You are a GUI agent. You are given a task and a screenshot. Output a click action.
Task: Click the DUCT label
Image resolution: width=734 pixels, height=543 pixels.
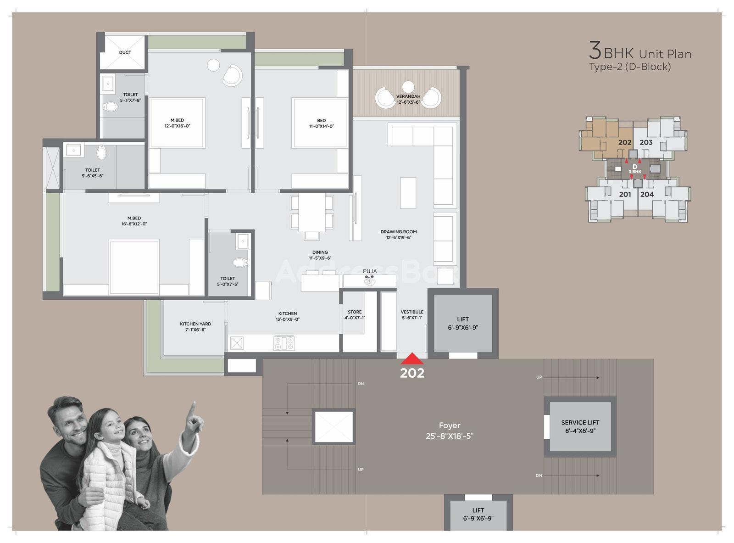point(125,52)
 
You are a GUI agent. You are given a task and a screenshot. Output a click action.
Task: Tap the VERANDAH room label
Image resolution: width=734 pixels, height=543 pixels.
point(408,96)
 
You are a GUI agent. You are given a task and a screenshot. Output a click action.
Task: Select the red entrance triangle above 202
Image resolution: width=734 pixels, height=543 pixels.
point(412,358)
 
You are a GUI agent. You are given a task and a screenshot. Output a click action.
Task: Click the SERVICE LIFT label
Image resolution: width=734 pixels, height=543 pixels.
point(580,422)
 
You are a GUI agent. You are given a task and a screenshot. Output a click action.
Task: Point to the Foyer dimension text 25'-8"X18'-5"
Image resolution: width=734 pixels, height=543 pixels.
point(450,436)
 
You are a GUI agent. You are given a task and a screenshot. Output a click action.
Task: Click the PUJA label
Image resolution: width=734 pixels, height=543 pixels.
point(370,271)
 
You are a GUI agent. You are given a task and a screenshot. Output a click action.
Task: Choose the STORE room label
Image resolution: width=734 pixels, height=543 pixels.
point(355,312)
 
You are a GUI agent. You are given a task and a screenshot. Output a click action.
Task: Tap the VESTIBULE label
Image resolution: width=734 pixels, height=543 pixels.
point(412,312)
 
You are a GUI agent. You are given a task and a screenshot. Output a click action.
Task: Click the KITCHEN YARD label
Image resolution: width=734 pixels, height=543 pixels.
point(195,324)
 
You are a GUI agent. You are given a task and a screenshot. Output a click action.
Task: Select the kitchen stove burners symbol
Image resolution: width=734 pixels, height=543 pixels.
point(284,343)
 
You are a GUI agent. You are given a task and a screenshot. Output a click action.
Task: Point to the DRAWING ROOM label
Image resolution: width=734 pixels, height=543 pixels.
point(399,232)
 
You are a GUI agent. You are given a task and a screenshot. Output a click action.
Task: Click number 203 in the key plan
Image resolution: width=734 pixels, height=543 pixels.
point(645,142)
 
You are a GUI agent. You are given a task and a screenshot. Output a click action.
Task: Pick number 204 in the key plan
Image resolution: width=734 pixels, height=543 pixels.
point(647,194)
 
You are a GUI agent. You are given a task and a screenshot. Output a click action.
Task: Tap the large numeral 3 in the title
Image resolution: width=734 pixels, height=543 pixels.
point(595,50)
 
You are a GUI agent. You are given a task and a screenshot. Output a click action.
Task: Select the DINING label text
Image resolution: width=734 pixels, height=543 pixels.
point(320,252)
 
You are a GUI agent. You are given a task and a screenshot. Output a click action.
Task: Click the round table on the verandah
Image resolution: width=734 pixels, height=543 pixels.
point(408,87)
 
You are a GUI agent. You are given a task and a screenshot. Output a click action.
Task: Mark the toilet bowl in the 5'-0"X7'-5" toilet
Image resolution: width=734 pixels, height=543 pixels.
point(240,263)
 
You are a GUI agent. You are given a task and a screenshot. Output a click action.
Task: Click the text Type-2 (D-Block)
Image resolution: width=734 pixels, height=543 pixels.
point(630,67)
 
